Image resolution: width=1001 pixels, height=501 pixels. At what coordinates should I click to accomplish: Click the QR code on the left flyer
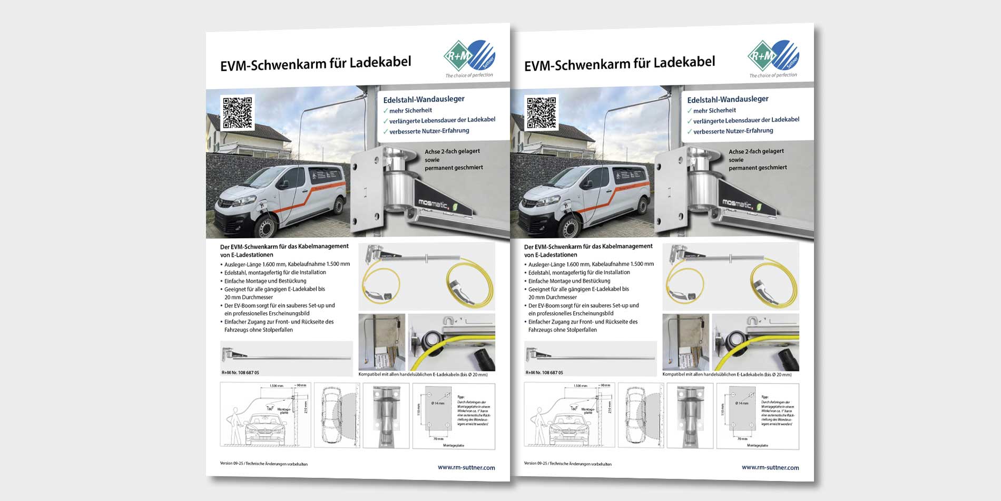pyautogui.click(x=238, y=112)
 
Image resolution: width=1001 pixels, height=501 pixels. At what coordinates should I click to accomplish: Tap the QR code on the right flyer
pyautogui.click(x=542, y=112)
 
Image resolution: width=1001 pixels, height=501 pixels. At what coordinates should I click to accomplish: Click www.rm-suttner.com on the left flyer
pyautogui.click(x=466, y=467)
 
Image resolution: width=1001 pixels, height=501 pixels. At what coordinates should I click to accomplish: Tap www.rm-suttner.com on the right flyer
pyautogui.click(x=770, y=467)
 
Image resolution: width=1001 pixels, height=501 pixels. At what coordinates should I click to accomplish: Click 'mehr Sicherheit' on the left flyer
pyautogui.click(x=410, y=110)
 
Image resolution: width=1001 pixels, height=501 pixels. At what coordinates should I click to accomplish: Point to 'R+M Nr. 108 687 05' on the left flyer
pyautogui.click(x=240, y=372)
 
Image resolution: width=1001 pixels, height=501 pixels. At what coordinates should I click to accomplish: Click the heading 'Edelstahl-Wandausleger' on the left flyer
pyautogui.click(x=424, y=99)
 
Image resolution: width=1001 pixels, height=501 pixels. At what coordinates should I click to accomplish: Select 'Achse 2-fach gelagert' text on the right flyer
pyautogui.click(x=756, y=151)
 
